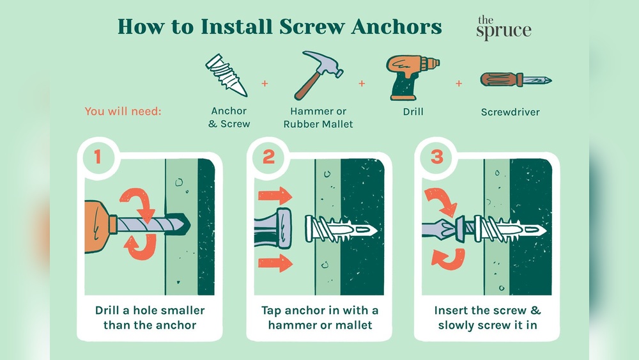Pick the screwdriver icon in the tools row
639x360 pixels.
pyautogui.click(x=515, y=81)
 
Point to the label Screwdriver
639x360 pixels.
pyautogui.click(x=510, y=112)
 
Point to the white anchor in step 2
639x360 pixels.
pyautogui.click(x=335, y=228)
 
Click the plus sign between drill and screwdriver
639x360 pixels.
pyautogui.click(x=459, y=83)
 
